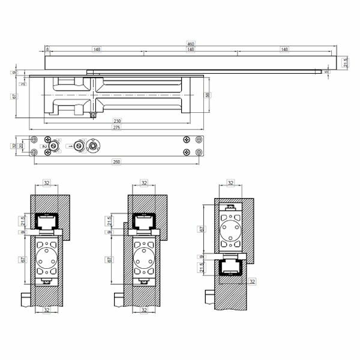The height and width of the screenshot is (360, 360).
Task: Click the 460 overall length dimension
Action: point(190,44)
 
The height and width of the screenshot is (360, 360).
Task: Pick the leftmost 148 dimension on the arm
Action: point(96,50)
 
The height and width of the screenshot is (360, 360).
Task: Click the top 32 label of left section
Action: point(46,183)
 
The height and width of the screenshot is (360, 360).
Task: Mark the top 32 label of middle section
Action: point(143,183)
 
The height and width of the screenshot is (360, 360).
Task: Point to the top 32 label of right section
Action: point(231,183)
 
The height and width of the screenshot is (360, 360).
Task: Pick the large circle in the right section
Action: point(231,230)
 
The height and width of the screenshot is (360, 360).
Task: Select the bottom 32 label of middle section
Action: point(143,310)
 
